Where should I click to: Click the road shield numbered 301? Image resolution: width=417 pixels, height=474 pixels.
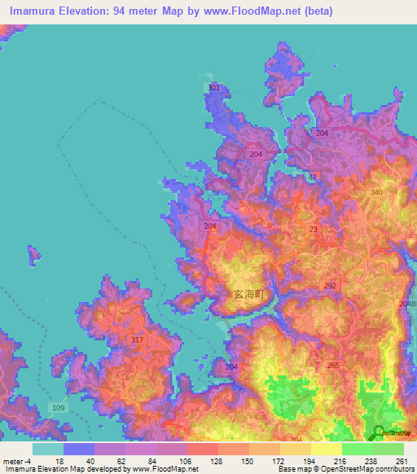[213, 87]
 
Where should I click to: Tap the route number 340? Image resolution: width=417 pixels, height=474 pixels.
[376, 192]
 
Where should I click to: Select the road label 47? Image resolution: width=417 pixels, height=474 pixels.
[312, 177]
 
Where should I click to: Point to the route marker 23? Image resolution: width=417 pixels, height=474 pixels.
[314, 230]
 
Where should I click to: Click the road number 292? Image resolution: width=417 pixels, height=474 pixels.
[329, 286]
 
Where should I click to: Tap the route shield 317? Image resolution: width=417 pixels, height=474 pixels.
[137, 340]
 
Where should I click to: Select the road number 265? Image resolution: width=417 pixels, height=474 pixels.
[333, 366]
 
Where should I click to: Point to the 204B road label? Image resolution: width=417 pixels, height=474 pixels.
[407, 304]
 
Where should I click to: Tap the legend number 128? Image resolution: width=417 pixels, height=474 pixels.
[217, 460]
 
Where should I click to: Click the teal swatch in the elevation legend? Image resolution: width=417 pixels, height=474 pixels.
[47, 449]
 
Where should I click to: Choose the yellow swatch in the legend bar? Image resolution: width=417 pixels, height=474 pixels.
[326, 449]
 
